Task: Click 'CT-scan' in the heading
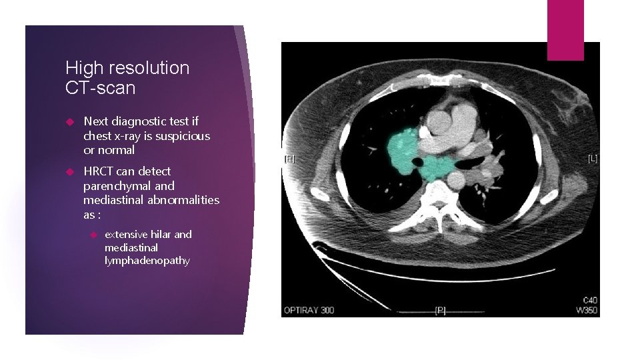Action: (100, 88)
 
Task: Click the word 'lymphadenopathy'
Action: (147, 261)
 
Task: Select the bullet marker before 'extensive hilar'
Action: (93, 235)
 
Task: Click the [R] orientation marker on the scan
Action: (289, 159)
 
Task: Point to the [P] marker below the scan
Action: (440, 310)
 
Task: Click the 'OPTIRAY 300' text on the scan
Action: (309, 310)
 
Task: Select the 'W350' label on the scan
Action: (585, 310)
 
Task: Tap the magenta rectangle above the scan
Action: (565, 30)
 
